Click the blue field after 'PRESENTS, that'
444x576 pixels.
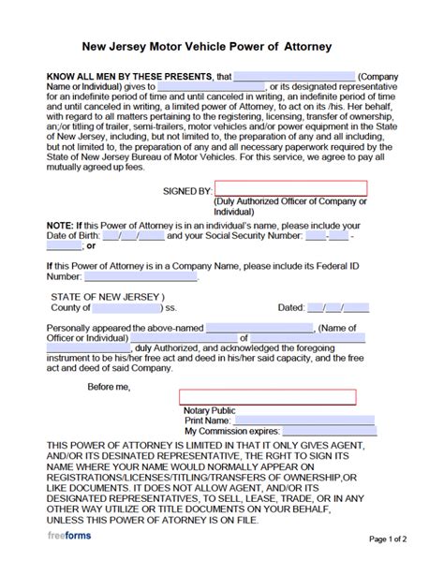tap(294, 77)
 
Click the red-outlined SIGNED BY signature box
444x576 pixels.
tap(290, 189)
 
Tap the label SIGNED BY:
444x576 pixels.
tap(187, 190)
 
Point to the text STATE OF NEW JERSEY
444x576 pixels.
tap(97, 295)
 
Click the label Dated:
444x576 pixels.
tap(291, 307)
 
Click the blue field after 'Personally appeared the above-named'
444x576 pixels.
tap(259, 328)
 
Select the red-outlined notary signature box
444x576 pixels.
tap(267, 397)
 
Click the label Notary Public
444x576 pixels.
tap(210, 410)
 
